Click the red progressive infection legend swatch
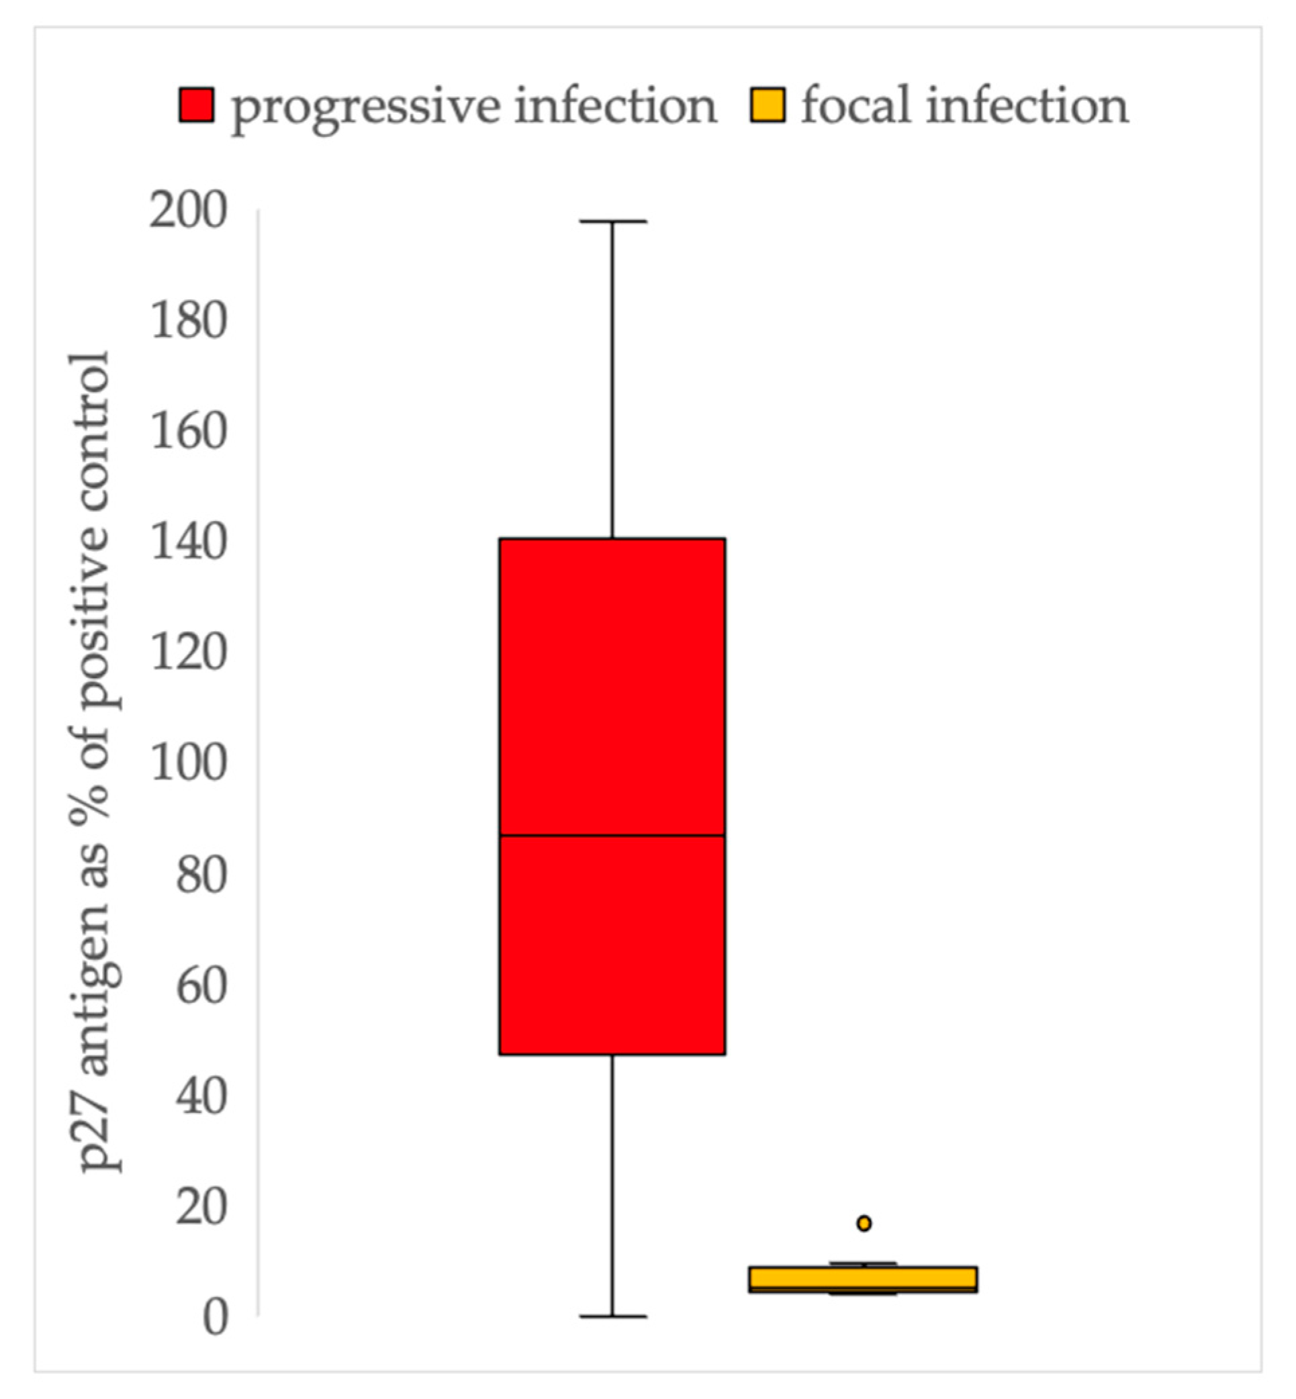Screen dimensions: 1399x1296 [196, 105]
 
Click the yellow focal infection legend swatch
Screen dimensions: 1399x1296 [768, 105]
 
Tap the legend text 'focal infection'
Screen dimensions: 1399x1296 [965, 105]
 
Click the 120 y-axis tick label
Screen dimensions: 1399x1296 [189, 653]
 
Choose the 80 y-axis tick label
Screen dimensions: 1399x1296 [201, 875]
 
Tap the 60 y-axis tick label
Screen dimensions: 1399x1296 [201, 985]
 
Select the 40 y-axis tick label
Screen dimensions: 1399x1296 [201, 1096]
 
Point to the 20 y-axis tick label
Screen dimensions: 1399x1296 [201, 1207]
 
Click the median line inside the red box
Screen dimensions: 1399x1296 [612, 836]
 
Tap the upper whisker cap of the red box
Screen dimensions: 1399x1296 [612, 222]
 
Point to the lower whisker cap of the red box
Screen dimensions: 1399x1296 [612, 1317]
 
